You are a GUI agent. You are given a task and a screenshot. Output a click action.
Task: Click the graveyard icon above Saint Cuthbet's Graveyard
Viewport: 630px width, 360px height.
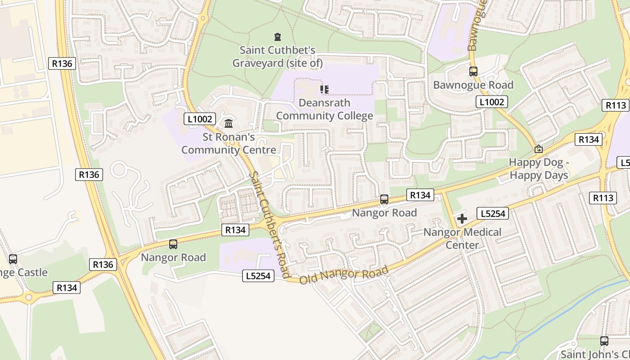tap(278, 37)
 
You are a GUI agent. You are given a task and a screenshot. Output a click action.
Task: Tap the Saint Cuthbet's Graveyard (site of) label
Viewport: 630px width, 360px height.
tap(278, 57)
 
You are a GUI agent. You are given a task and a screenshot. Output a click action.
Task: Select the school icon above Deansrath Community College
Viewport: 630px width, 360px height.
tap(324, 90)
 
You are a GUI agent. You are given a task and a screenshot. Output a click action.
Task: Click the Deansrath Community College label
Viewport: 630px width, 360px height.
tap(324, 109)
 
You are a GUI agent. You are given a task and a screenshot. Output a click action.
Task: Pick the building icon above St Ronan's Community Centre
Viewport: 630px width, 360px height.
tap(229, 123)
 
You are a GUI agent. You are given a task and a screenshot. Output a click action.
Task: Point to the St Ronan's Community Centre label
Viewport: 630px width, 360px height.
tap(229, 144)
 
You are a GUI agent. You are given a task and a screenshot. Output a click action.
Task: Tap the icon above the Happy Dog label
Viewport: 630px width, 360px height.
tap(538, 149)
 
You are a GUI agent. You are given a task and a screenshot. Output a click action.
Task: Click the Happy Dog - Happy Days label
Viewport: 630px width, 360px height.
tap(539, 169)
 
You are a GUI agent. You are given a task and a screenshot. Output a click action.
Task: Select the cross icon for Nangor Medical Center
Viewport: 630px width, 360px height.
tap(462, 219)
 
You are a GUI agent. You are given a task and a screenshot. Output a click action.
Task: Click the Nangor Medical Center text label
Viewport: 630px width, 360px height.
tap(462, 238)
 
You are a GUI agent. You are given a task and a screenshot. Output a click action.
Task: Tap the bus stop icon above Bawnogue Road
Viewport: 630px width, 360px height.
tap(473, 71)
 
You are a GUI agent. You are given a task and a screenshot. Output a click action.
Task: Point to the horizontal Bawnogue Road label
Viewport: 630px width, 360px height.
tap(473, 85)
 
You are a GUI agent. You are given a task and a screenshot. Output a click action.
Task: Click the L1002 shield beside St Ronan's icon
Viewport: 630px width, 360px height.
tap(200, 119)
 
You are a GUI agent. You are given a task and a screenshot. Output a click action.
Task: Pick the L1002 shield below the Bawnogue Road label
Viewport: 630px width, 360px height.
tap(492, 102)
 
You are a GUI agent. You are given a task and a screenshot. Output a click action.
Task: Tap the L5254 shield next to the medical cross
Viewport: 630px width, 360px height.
tap(493, 214)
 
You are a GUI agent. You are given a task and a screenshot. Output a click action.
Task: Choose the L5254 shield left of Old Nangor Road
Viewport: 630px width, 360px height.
tap(258, 276)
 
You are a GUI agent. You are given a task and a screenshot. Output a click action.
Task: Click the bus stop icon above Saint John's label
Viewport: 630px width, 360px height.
tap(604, 341)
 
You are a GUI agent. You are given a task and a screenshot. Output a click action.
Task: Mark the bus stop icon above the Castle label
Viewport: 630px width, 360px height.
tap(13, 259)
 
